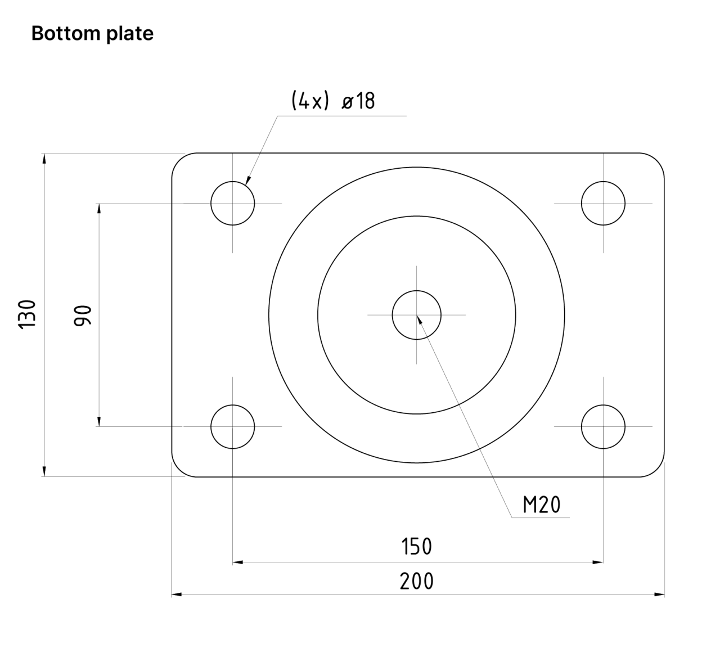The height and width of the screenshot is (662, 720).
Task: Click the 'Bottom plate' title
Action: (x=92, y=34)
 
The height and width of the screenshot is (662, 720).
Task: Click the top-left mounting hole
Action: (x=232, y=203)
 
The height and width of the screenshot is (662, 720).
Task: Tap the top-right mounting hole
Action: (x=603, y=203)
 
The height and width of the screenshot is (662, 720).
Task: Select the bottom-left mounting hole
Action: (x=232, y=427)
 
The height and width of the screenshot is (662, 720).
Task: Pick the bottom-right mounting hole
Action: (x=603, y=427)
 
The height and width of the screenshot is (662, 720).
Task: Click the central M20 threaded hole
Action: (x=416, y=315)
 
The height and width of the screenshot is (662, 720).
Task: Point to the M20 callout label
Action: (x=541, y=505)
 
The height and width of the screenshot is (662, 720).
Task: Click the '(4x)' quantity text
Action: (x=309, y=101)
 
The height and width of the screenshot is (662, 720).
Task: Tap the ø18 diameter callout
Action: (x=358, y=101)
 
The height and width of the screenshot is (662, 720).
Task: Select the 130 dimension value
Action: (x=28, y=314)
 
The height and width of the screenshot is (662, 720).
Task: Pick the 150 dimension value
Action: (x=416, y=547)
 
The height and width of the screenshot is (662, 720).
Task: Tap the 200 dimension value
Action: (x=416, y=581)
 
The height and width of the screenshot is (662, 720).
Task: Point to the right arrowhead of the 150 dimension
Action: (x=598, y=561)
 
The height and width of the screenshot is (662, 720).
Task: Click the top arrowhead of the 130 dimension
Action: (x=43, y=158)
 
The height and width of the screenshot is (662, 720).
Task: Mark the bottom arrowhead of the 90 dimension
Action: (x=99, y=421)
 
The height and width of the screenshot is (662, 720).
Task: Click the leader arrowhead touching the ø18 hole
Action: (x=247, y=181)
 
